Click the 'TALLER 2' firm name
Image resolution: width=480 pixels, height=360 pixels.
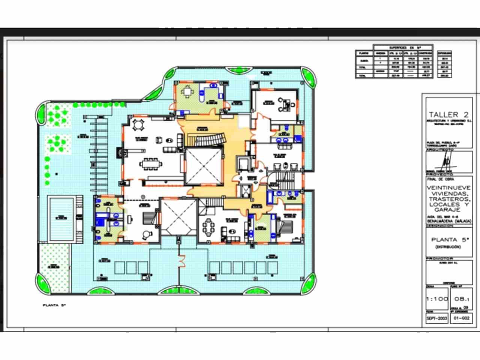tap(449, 114)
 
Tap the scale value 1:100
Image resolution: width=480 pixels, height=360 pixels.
tap(437, 299)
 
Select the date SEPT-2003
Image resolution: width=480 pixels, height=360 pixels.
tap(437, 318)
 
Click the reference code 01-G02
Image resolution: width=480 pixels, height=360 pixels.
tap(461, 318)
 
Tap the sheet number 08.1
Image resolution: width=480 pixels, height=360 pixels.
tap(461, 299)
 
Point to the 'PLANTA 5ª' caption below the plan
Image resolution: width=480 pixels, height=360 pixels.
tap(54, 306)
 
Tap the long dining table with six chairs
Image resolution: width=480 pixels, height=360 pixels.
tap(152, 163)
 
